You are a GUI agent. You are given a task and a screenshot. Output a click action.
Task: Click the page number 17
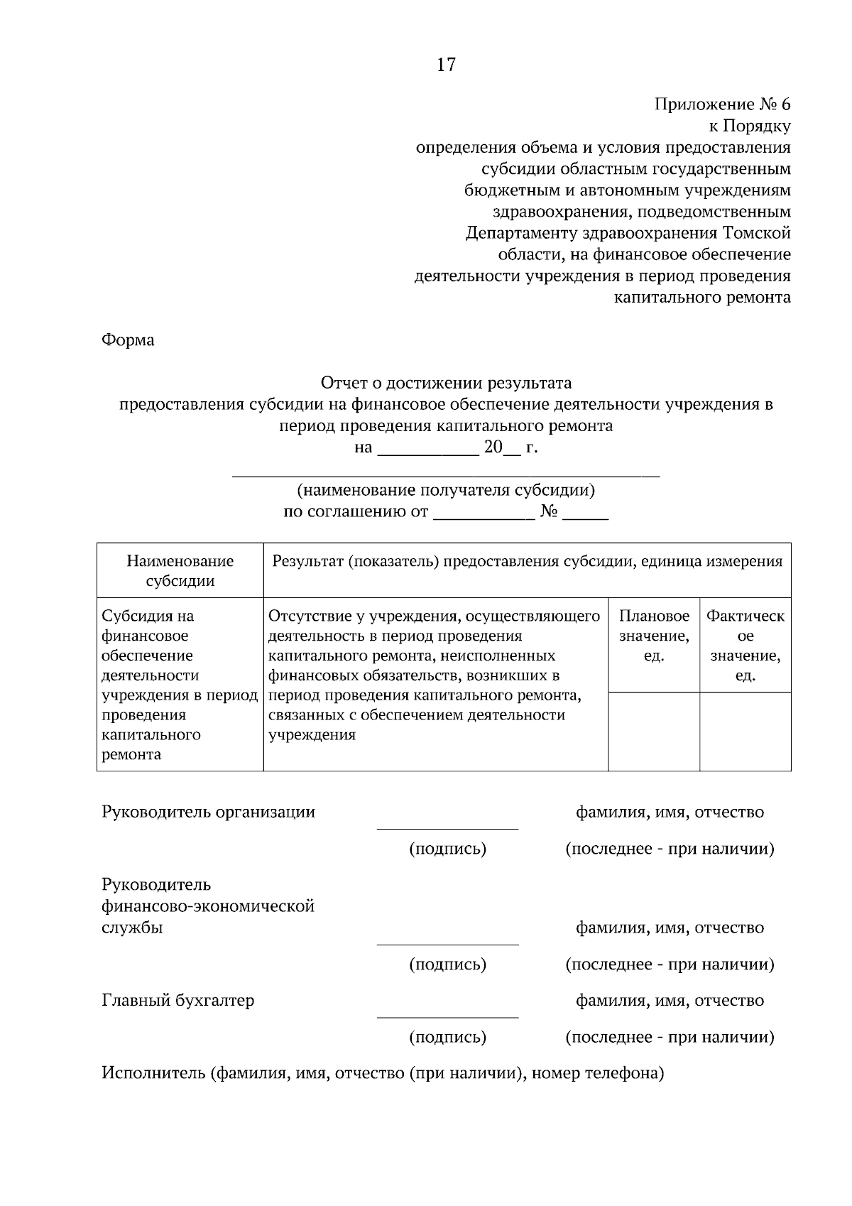click(445, 65)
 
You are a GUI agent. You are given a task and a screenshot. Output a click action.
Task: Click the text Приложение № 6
click(721, 104)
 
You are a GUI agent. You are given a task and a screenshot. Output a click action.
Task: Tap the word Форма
click(128, 339)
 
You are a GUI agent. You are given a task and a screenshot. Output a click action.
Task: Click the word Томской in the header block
click(755, 233)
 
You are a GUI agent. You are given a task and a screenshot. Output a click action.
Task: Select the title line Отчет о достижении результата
click(445, 384)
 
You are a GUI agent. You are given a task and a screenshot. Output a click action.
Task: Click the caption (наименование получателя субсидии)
click(445, 490)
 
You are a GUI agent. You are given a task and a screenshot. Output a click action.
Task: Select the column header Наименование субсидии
click(180, 570)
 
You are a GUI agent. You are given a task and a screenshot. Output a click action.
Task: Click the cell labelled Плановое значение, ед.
click(654, 636)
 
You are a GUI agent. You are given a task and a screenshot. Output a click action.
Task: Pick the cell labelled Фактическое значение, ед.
click(745, 645)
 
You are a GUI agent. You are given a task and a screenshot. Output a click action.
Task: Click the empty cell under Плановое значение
click(654, 731)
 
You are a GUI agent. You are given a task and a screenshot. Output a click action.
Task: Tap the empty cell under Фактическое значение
click(745, 731)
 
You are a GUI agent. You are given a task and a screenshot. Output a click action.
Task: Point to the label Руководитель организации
click(208, 812)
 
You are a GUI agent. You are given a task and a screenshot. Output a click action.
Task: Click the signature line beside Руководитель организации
click(447, 827)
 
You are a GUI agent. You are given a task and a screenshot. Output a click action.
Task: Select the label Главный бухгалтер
click(177, 1000)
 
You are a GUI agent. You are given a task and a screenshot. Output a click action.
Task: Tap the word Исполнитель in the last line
click(153, 1073)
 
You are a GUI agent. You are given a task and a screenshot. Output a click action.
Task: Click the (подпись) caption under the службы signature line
click(447, 965)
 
